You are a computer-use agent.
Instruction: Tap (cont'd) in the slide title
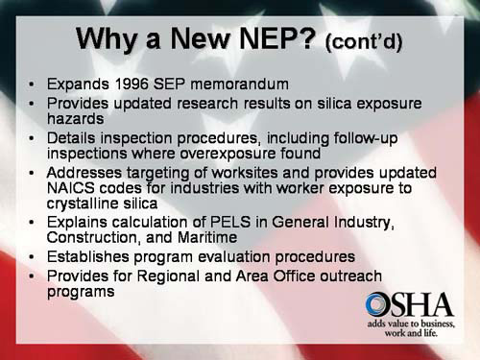click(364, 42)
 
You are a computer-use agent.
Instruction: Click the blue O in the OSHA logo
click(377, 305)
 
